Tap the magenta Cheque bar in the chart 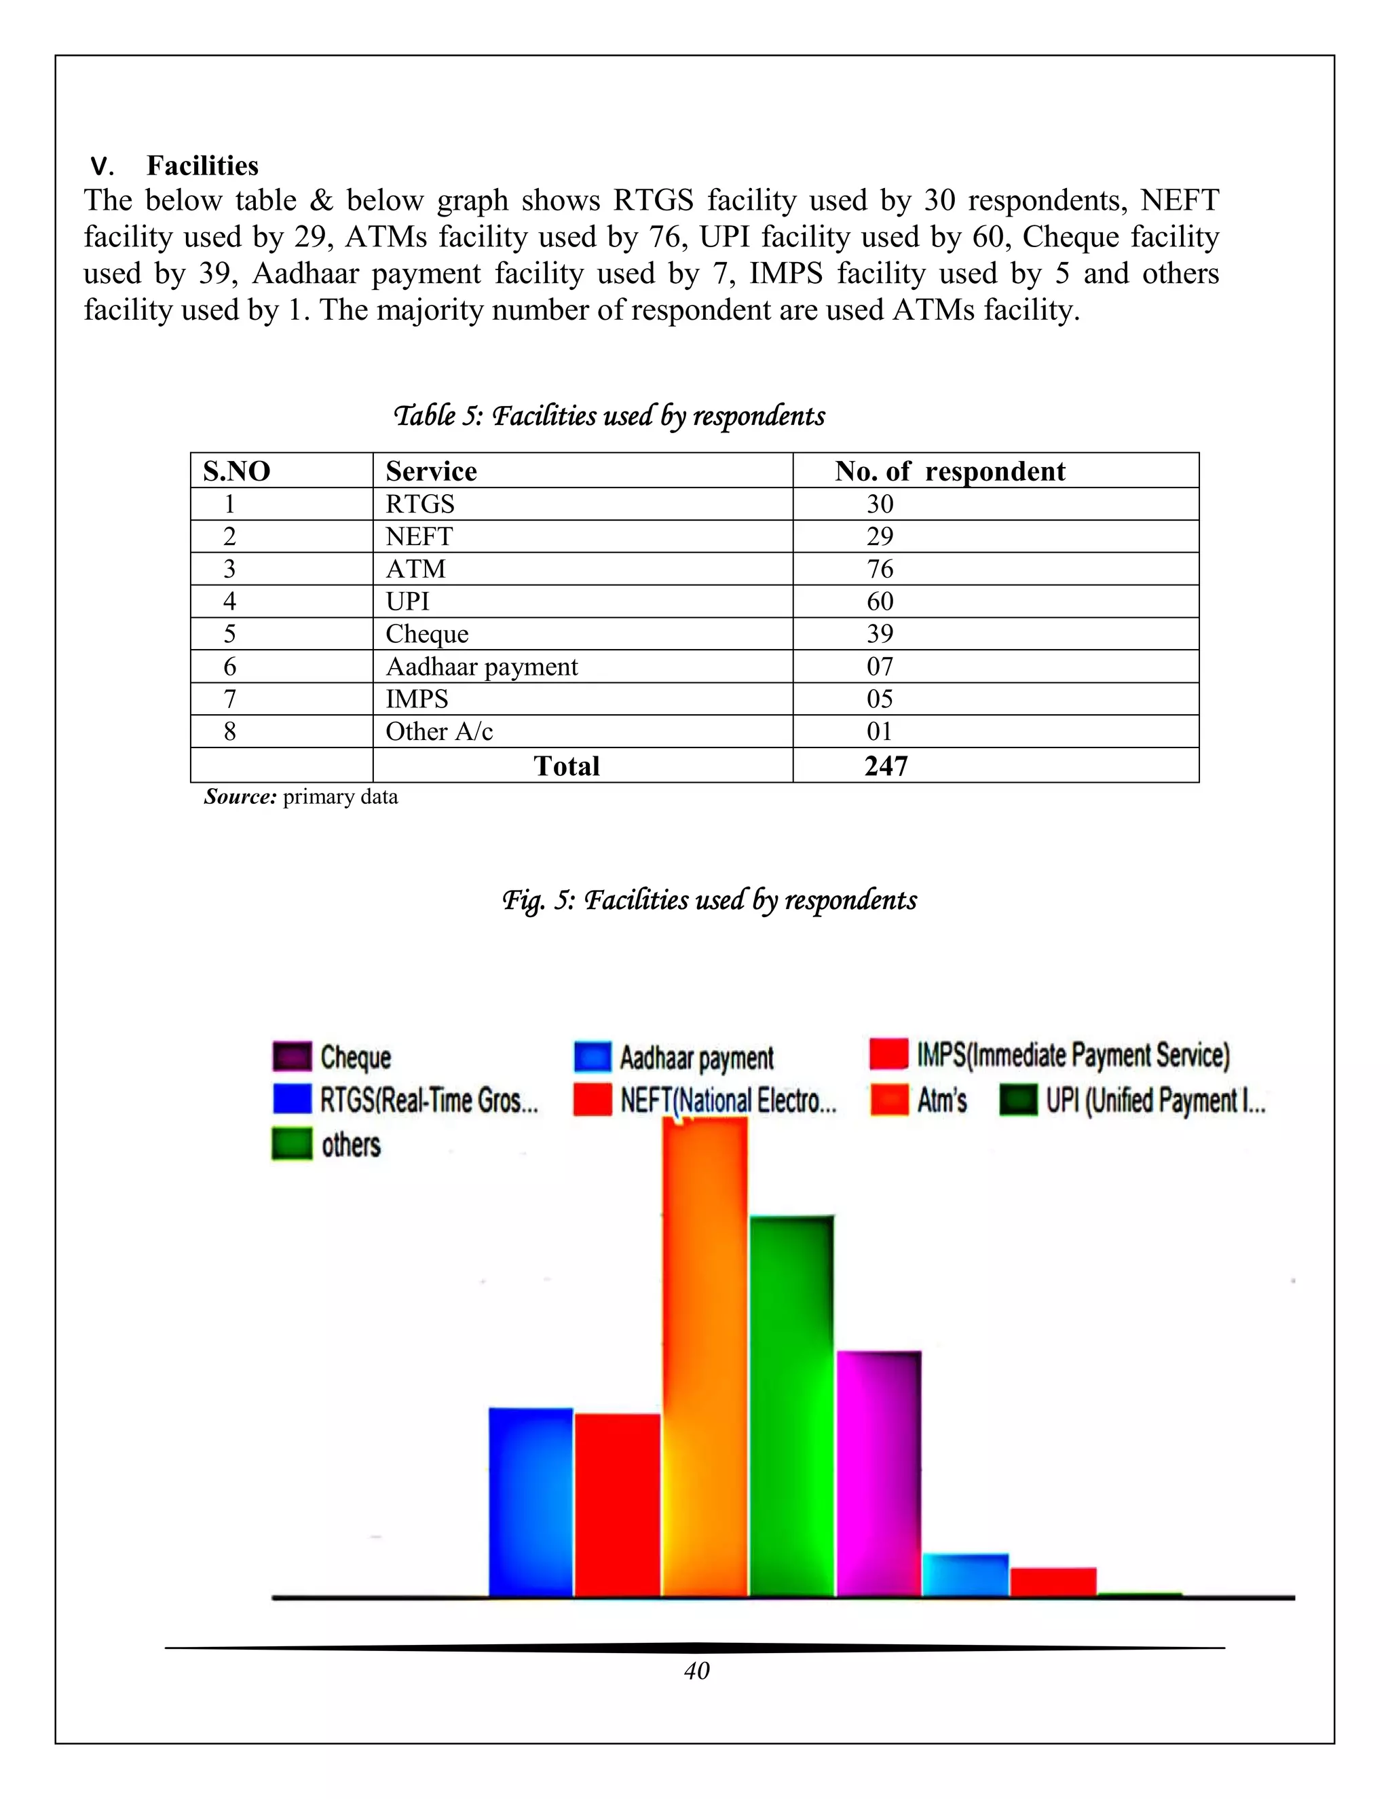pyautogui.click(x=879, y=1475)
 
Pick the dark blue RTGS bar pyautogui.click(x=530, y=1503)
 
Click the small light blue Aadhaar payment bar pyautogui.click(x=965, y=1575)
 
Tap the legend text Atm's pyautogui.click(x=942, y=1100)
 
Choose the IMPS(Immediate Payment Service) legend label pyautogui.click(x=1073, y=1055)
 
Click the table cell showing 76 pyautogui.click(x=880, y=568)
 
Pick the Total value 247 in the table pyautogui.click(x=886, y=766)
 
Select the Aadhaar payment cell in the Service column pyautogui.click(x=482, y=667)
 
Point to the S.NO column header pyautogui.click(x=237, y=471)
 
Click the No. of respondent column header pyautogui.click(x=950, y=471)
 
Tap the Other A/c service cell pyautogui.click(x=439, y=731)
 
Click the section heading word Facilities pyautogui.click(x=202, y=166)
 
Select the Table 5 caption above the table pyautogui.click(x=609, y=416)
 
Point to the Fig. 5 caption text pyautogui.click(x=709, y=899)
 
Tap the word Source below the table pyautogui.click(x=240, y=796)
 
